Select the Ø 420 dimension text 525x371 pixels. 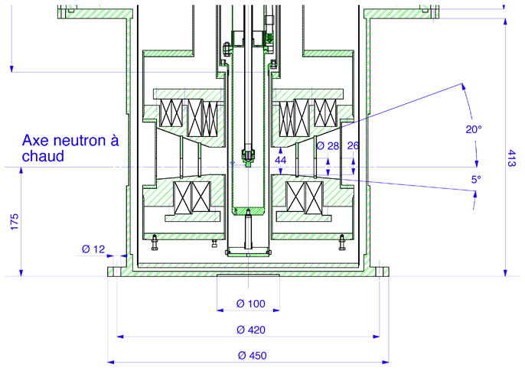251,330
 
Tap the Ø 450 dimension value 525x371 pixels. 251,356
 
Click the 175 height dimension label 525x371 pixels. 14,222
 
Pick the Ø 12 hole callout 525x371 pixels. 93,249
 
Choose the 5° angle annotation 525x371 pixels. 476,180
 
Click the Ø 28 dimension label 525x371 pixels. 327,145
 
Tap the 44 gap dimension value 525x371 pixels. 281,160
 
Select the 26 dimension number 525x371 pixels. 353,145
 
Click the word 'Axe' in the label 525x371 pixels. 34,141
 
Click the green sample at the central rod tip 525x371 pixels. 246,158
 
